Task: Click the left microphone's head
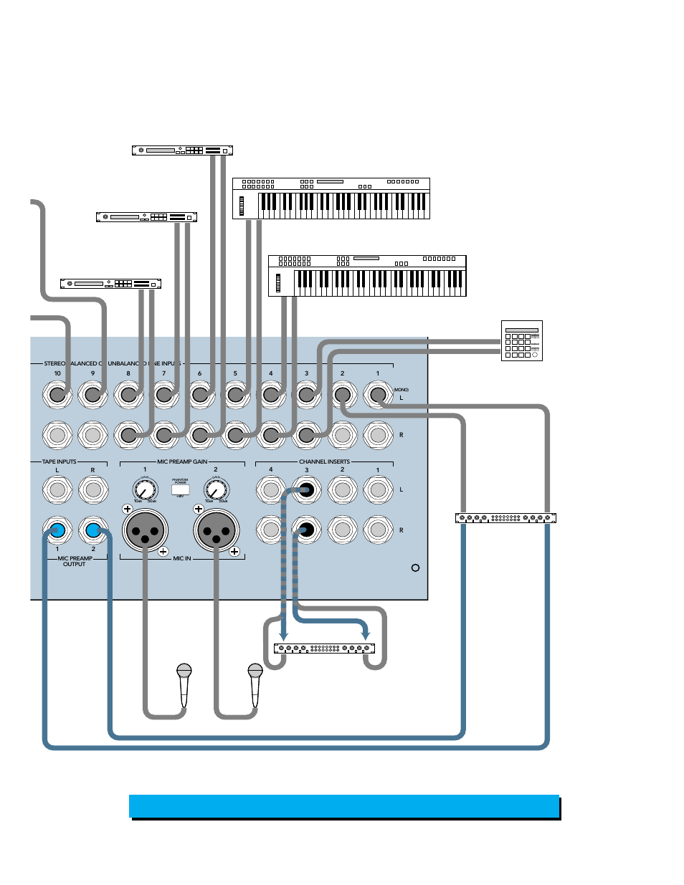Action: click(184, 671)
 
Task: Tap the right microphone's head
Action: click(255, 671)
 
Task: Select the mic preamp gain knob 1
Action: click(145, 490)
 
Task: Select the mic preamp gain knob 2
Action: click(216, 490)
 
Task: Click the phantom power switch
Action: click(180, 489)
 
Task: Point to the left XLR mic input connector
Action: click(146, 531)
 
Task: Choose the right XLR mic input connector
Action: click(216, 531)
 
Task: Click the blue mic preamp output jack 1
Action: click(57, 531)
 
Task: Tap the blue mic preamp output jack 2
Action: click(93, 531)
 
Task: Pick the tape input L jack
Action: click(57, 490)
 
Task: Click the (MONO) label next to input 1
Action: click(401, 390)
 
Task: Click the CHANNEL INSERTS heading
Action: click(324, 462)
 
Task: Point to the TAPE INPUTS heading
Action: click(59, 462)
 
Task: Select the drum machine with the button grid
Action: click(521, 340)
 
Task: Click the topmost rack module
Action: click(182, 150)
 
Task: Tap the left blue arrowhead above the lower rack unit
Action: click(284, 636)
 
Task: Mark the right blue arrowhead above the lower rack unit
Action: click(366, 636)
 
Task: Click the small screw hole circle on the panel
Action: click(415, 568)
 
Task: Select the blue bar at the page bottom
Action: click(344, 806)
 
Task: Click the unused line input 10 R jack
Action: click(57, 435)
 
